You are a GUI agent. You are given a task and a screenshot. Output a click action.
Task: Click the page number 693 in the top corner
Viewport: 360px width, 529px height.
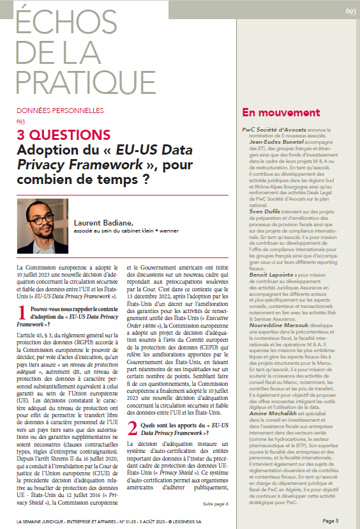350,11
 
